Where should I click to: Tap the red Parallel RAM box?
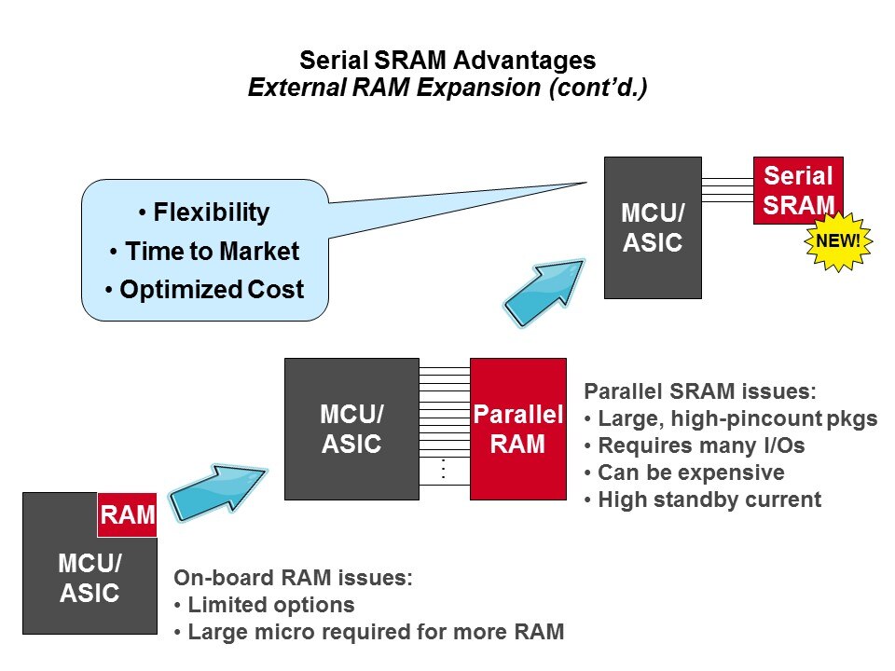point(517,429)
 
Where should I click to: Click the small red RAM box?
point(126,515)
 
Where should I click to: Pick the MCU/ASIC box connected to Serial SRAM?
point(653,227)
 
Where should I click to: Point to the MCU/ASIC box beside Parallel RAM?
point(351,429)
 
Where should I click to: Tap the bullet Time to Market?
point(205,252)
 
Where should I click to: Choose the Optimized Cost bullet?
point(205,290)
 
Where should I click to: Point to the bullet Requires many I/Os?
point(694,445)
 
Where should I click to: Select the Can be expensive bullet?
point(684,472)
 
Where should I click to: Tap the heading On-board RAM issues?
point(293,578)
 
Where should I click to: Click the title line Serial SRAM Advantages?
point(447,62)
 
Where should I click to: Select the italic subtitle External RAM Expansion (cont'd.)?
point(447,88)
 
